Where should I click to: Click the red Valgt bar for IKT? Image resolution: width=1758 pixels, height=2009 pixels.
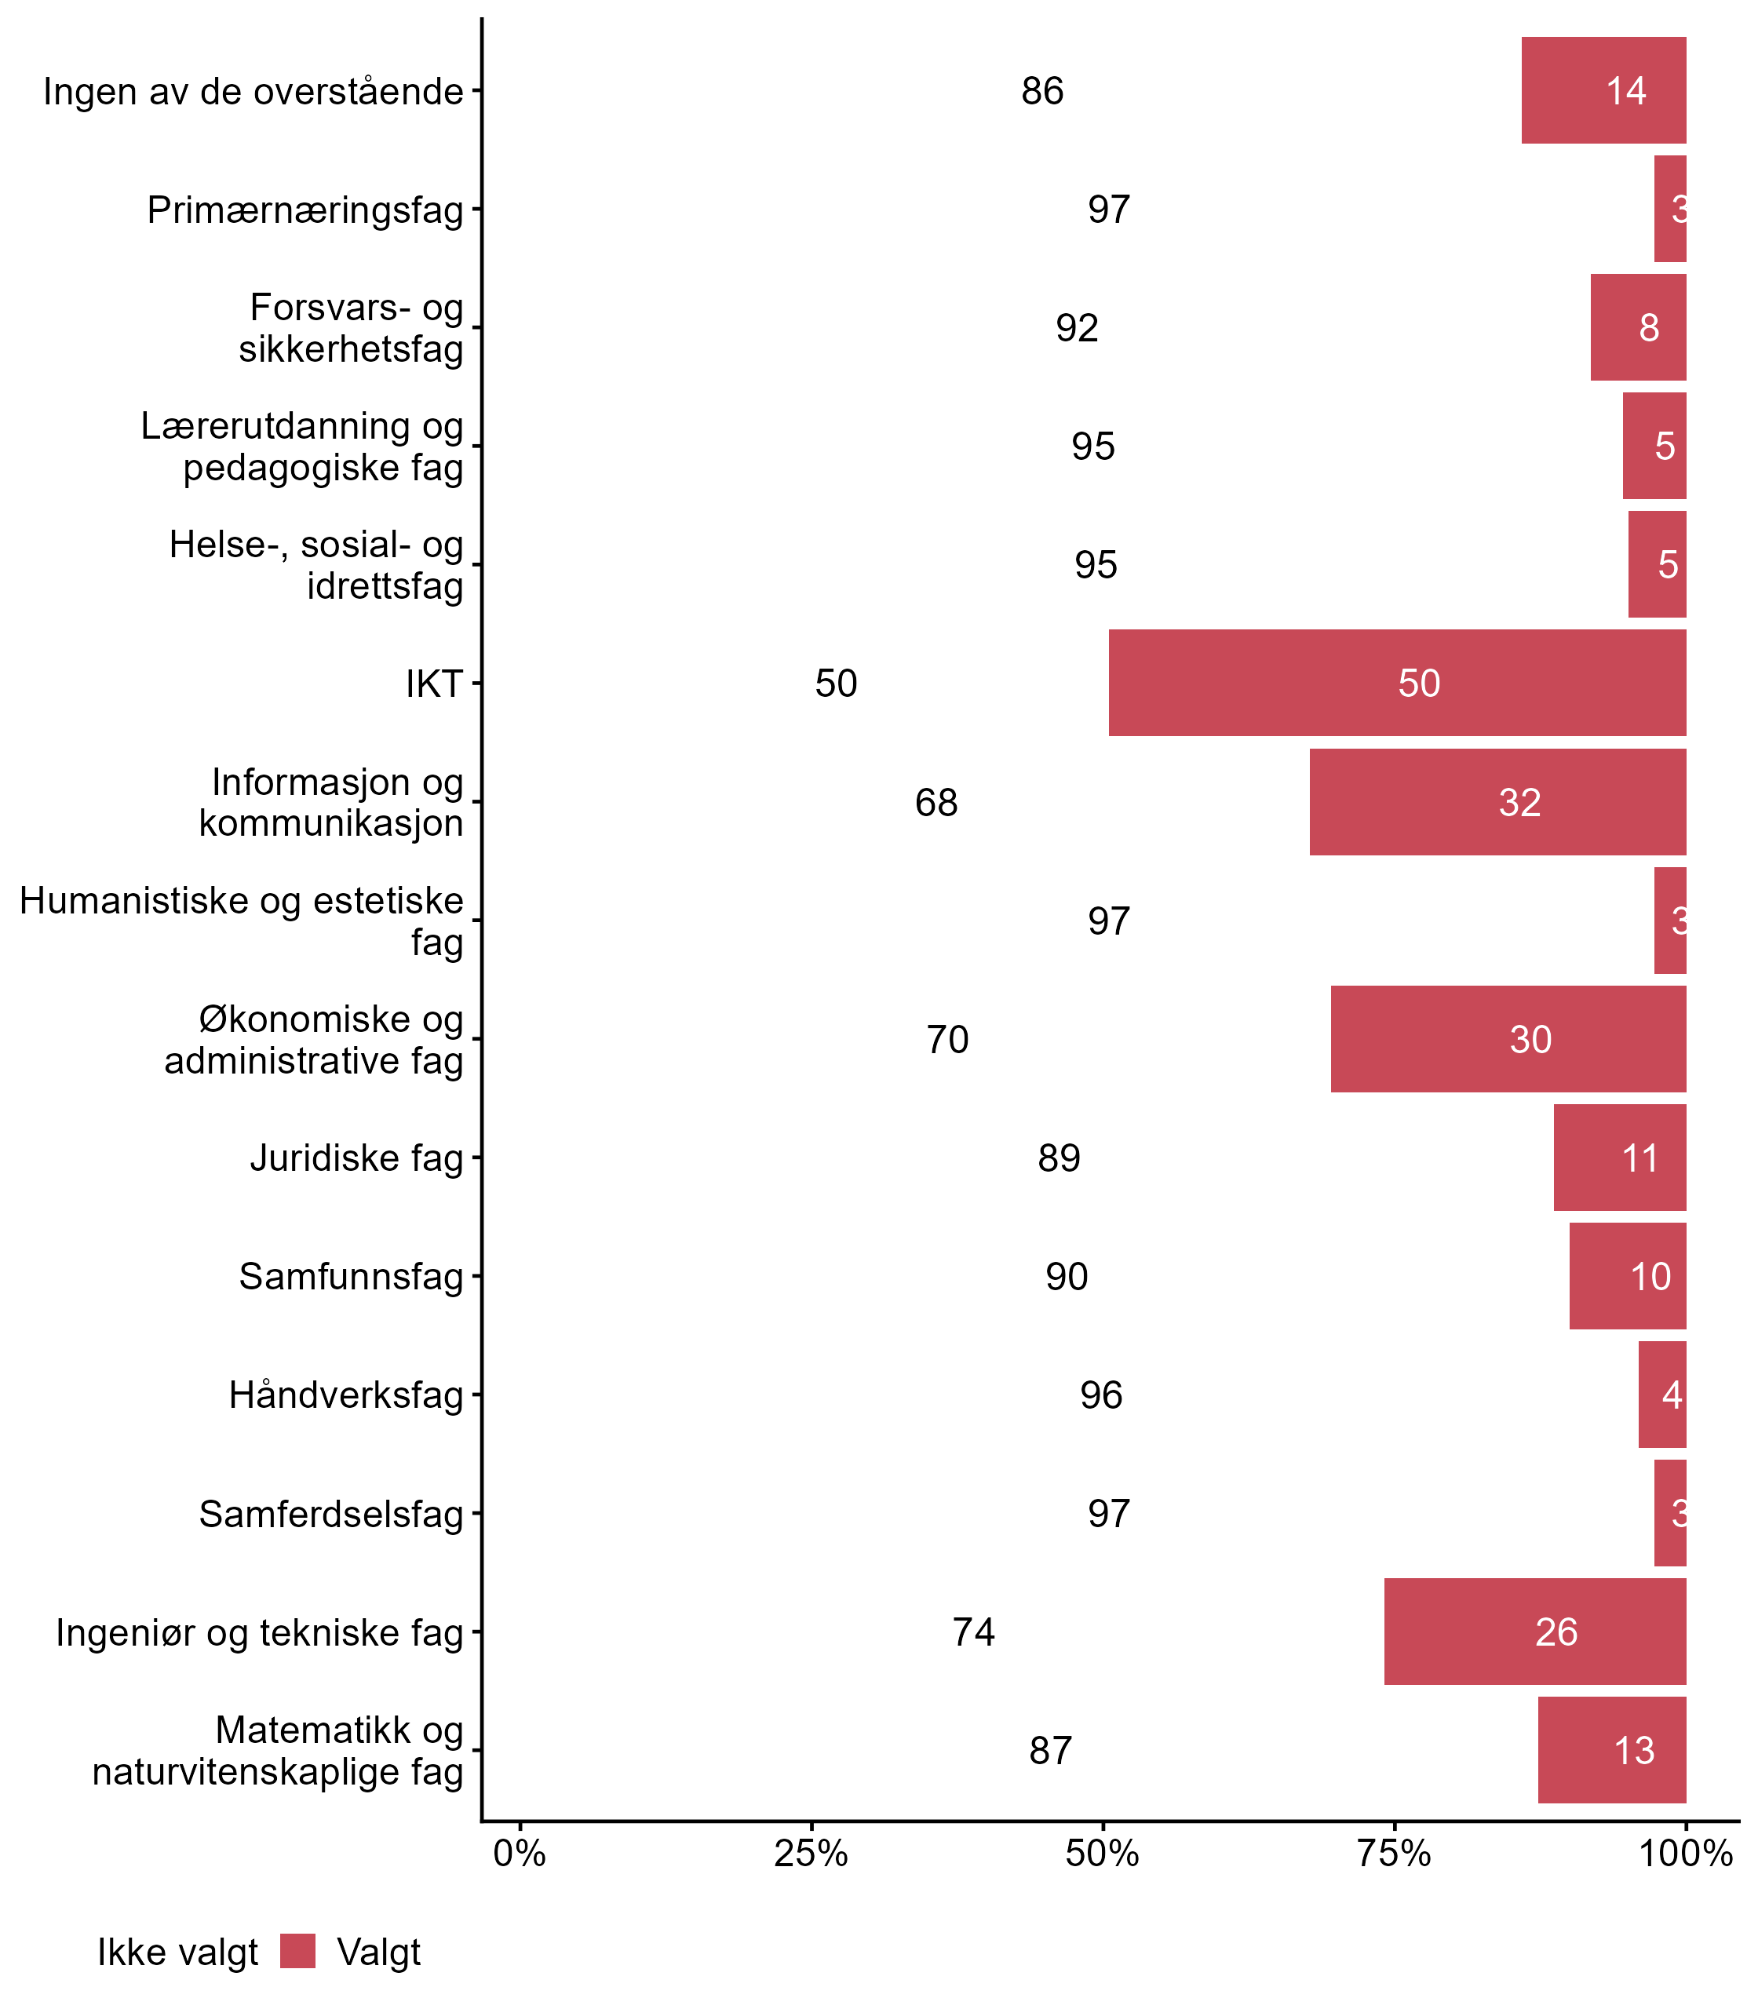click(x=1397, y=683)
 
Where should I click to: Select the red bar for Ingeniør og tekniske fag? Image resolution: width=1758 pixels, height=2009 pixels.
click(x=1534, y=1632)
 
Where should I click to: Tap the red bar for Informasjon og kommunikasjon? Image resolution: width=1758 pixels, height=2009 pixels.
click(x=1497, y=802)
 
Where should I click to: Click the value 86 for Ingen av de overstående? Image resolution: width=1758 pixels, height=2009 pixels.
click(x=1042, y=91)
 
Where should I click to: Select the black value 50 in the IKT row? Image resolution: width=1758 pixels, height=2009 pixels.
click(x=836, y=684)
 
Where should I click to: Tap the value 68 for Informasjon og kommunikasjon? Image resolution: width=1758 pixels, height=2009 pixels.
click(x=936, y=802)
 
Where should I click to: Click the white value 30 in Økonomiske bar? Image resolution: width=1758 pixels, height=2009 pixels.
click(x=1530, y=1040)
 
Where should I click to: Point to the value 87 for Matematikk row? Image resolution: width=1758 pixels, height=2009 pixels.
click(x=1050, y=1750)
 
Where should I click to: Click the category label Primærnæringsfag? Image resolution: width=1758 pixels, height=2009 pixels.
click(x=305, y=210)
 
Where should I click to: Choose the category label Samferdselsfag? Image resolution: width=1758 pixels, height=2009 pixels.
click(x=330, y=1514)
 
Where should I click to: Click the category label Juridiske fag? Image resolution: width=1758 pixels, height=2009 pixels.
click(x=356, y=1158)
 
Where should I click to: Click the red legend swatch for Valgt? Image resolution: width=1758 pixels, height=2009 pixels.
click(x=297, y=1951)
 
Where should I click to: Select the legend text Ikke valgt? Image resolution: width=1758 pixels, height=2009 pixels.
click(x=177, y=1953)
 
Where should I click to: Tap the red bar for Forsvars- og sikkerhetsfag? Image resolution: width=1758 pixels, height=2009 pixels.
click(x=1637, y=328)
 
